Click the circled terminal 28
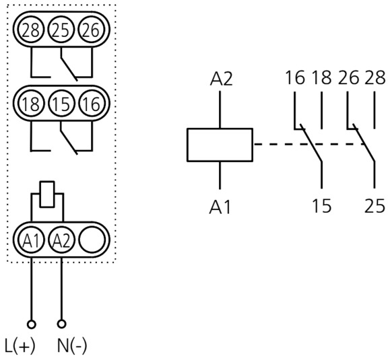coord(31,30)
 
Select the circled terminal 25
coord(61,30)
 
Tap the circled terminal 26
coord(92,30)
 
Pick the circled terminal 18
coord(31,104)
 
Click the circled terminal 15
coord(61,104)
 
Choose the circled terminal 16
coord(92,104)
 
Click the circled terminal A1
coord(31,240)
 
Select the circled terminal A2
coord(61,240)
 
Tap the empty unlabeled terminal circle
coord(92,240)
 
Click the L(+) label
coord(20,346)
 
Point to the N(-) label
coord(72,346)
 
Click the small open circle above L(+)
coord(31,324)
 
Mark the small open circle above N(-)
coord(61,324)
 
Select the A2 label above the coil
coord(221,79)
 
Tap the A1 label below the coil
coord(220,207)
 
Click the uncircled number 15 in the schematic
coord(322,206)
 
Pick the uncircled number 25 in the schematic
coord(375,206)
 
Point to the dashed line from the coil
coord(309,144)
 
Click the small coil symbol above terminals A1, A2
coord(47,194)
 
